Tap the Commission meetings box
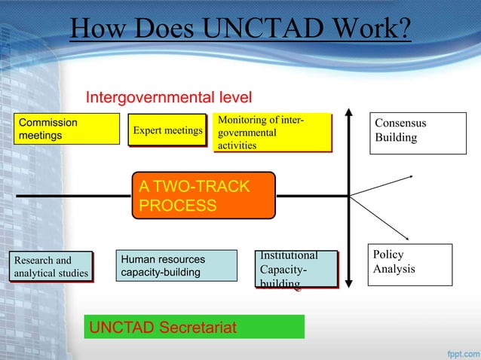69,129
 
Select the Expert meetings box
167,130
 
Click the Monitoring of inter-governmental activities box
271,132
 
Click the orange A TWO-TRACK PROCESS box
204,196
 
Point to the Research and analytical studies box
50,267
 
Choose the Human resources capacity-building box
176,266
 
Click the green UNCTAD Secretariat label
194,327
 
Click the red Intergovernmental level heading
168,97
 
